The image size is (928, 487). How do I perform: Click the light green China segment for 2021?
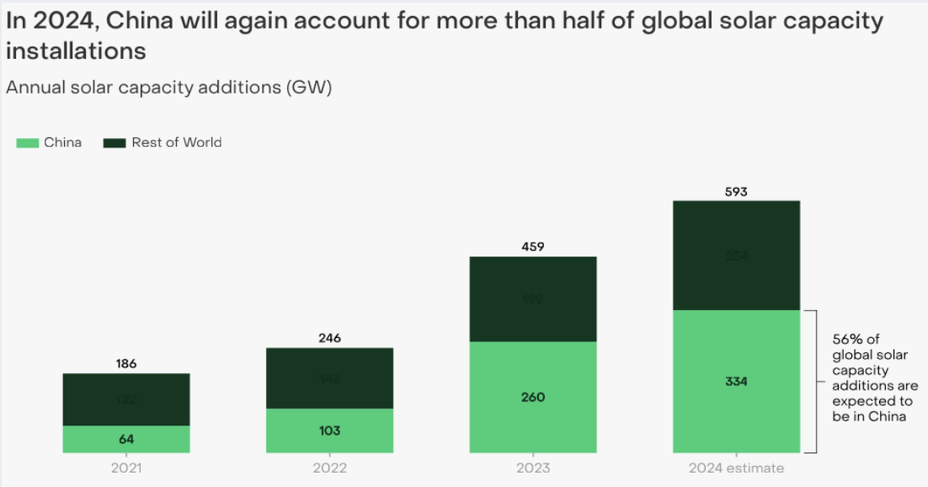(126, 439)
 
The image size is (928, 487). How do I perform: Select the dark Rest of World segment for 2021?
(126, 399)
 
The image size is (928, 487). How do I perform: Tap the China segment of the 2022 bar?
(329, 431)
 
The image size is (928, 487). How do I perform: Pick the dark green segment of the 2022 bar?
(329, 378)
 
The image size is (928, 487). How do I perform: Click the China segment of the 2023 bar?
(532, 397)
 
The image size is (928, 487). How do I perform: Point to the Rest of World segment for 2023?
(532, 299)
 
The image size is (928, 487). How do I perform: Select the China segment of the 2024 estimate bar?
(735, 382)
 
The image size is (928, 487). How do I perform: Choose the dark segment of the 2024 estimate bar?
(735, 255)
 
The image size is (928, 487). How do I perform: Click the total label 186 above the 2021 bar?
(126, 364)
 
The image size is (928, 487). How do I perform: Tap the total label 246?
(329, 338)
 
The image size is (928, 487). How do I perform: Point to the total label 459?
(532, 247)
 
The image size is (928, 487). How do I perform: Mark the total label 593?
(735, 191)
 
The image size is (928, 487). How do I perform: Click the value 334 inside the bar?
(735, 382)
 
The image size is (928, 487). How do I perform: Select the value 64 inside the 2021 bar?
(126, 439)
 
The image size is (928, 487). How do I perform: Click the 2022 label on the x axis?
(329, 468)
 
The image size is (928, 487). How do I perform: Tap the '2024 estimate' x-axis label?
(735, 468)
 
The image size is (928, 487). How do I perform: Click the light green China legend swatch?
(28, 143)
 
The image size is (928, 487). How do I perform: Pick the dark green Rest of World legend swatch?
(114, 143)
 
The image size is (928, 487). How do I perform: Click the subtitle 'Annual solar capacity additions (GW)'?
(168, 88)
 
